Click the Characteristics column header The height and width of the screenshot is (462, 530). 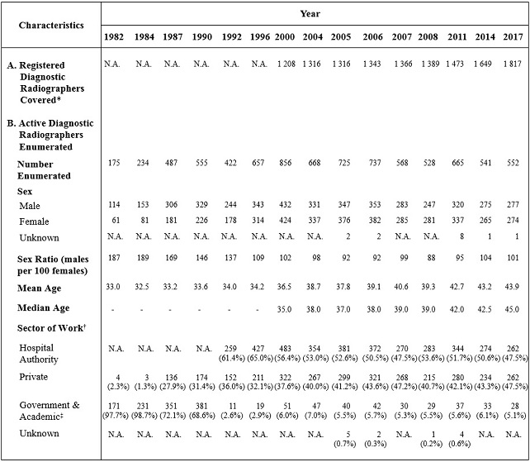(52, 25)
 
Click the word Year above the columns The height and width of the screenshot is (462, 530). (310, 13)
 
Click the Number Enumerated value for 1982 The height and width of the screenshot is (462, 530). (115, 164)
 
